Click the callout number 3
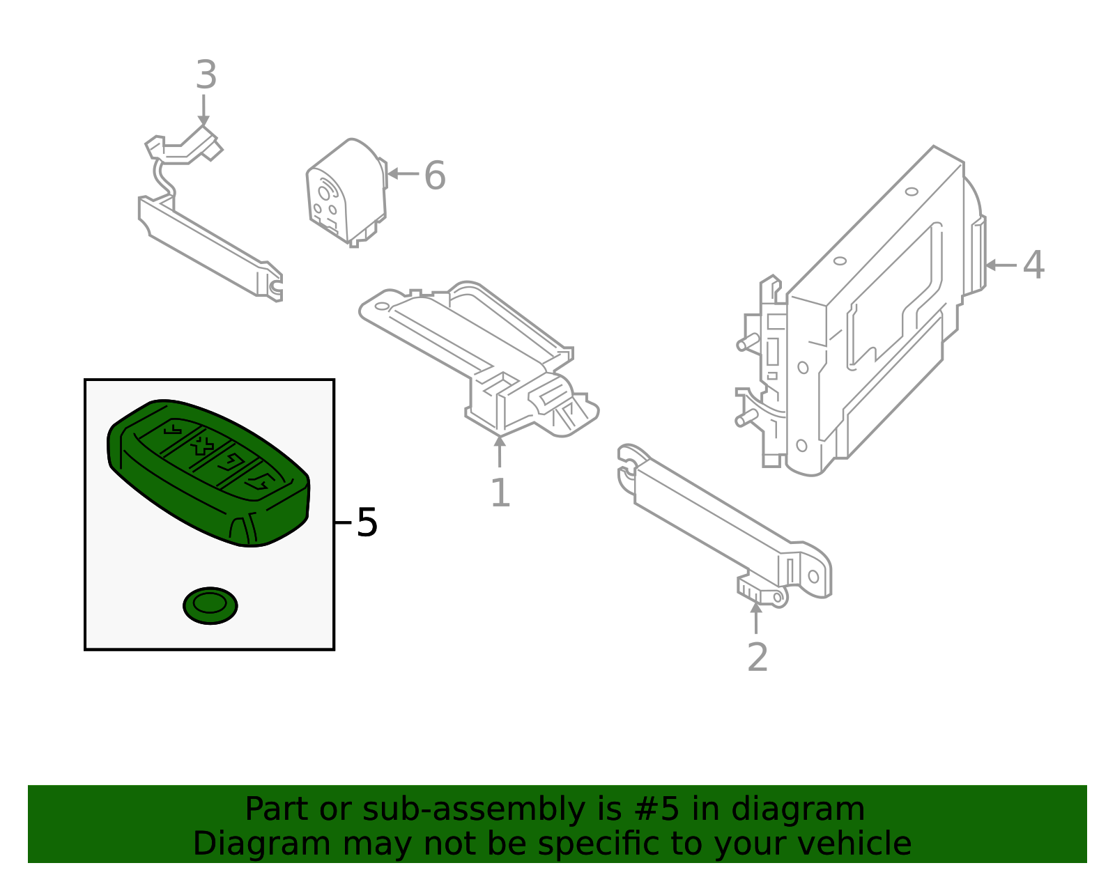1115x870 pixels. pyautogui.click(x=206, y=75)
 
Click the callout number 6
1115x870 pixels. pyautogui.click(x=435, y=176)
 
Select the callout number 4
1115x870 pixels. pyautogui.click(x=1033, y=265)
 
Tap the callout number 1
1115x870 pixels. pyautogui.click(x=500, y=493)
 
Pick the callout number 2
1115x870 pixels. pyautogui.click(x=758, y=657)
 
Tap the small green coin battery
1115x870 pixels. pyautogui.click(x=210, y=605)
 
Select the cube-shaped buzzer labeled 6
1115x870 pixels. pyautogui.click(x=346, y=192)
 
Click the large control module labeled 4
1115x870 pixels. pyautogui.click(x=878, y=313)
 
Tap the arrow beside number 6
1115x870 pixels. pyautogui.click(x=402, y=173)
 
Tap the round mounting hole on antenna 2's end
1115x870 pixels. pyautogui.click(x=813, y=577)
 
